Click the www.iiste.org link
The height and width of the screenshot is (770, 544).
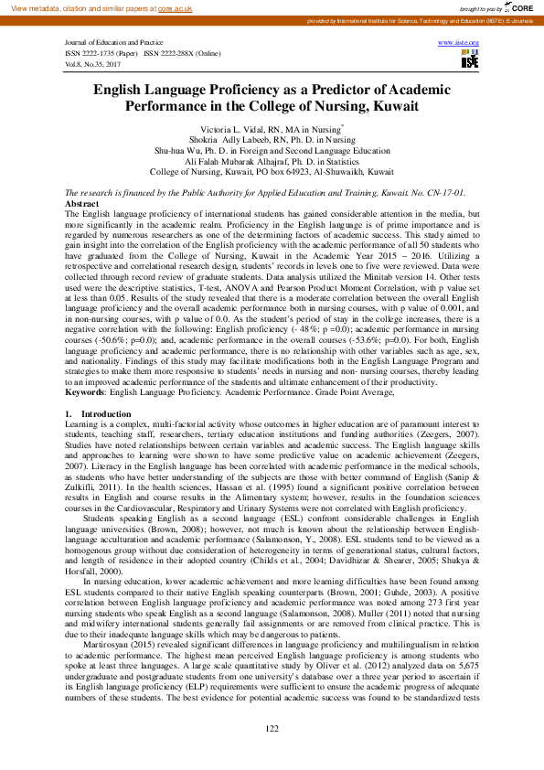pyautogui.click(x=458, y=43)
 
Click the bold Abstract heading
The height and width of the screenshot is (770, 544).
pyautogui.click(x=81, y=204)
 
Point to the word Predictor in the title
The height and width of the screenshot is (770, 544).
pyautogui.click(x=340, y=90)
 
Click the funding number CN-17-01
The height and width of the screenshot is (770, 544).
pyautogui.click(x=444, y=193)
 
